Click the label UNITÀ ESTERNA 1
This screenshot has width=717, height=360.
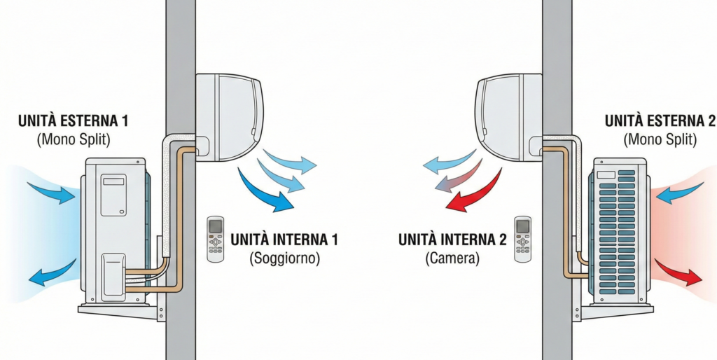73,121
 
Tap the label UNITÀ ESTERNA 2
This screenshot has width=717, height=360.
660,121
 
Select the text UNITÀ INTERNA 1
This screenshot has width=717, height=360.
284,240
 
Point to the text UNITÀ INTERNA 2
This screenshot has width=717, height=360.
452,240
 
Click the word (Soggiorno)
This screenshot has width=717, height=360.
284,258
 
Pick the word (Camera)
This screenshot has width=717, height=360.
452,258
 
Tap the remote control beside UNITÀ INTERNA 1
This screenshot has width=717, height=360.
216,239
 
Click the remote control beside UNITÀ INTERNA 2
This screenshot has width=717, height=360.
522,239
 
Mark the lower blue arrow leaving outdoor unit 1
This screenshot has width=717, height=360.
53,272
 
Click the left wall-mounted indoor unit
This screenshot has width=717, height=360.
230,118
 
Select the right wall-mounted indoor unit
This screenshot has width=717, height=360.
508,118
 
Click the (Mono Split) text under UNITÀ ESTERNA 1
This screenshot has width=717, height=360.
73,139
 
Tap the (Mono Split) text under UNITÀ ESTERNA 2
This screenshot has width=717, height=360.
660,139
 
